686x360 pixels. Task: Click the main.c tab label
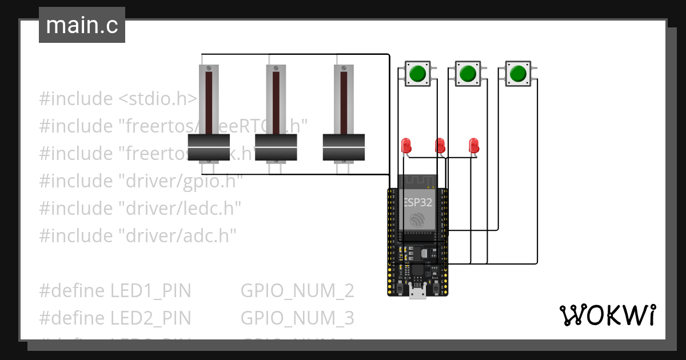[x=82, y=26]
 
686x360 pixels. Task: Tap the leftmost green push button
[x=417, y=74]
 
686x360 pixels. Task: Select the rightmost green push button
[x=518, y=74]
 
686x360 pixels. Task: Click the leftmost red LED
[x=406, y=144]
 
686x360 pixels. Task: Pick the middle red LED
[x=440, y=144]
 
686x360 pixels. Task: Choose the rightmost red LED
[x=473, y=144]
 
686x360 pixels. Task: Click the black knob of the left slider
[x=209, y=148]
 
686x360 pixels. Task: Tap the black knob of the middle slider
[x=276, y=148]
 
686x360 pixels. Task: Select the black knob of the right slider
[x=344, y=148]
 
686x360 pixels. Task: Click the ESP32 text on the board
[x=418, y=202]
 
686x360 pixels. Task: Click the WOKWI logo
[x=607, y=315]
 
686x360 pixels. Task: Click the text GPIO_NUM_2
[x=297, y=291]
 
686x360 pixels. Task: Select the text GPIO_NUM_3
[x=297, y=317]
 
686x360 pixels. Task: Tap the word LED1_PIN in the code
[x=150, y=291]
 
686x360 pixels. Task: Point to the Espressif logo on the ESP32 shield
[x=418, y=220]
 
